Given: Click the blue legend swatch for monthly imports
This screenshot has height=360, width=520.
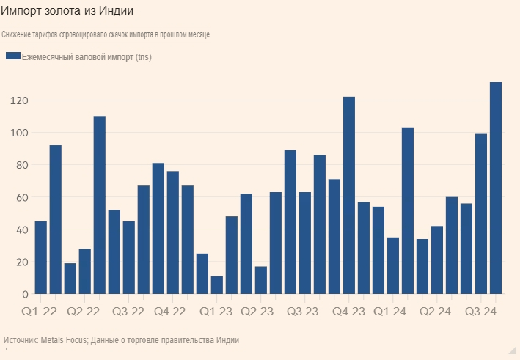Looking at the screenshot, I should (x=12, y=56).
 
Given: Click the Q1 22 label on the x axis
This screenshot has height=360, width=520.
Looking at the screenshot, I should (x=40, y=311).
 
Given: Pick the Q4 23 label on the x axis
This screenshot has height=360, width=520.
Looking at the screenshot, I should (x=348, y=311).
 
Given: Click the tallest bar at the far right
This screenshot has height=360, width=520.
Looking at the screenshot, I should (x=496, y=188).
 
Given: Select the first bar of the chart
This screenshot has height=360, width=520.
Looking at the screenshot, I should (x=41, y=257).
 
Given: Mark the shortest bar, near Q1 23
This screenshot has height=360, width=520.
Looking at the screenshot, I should (x=217, y=285).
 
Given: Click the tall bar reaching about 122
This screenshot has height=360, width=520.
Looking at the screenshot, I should (x=349, y=195).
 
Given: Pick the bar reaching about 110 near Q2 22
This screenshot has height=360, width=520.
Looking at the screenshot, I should (x=100, y=205).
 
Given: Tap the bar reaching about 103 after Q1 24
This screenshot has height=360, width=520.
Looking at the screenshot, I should (x=408, y=211).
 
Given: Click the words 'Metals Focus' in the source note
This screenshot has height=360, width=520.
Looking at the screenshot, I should (x=62, y=340).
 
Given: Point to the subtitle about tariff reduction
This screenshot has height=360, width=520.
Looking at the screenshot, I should (x=106, y=35).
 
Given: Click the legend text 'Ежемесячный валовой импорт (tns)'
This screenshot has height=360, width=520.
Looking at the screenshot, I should (x=87, y=56).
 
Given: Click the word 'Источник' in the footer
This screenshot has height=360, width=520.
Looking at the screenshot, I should (x=21, y=340).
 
